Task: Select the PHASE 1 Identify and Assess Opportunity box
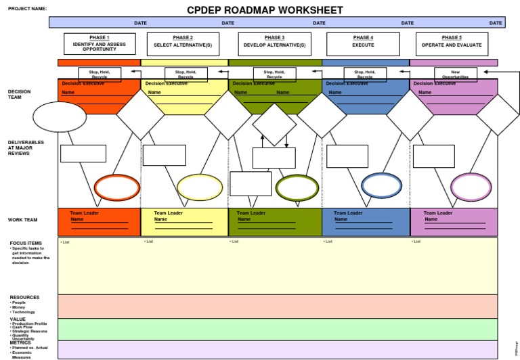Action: point(100,43)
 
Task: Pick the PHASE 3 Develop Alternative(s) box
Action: point(274,43)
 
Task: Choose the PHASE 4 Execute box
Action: point(362,43)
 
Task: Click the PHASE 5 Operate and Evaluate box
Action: point(452,43)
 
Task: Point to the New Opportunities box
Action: point(455,74)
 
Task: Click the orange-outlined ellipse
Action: point(116,187)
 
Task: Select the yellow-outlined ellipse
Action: point(200,187)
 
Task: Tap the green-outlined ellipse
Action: point(297,187)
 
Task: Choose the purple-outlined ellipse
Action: point(471,187)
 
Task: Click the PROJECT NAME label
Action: point(28,9)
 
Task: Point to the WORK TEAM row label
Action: point(23,220)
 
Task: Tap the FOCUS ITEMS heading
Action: point(26,243)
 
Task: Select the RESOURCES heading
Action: point(24,297)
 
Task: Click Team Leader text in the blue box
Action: point(348,213)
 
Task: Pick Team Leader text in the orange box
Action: point(85,213)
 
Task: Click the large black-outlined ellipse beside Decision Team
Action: point(60,117)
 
